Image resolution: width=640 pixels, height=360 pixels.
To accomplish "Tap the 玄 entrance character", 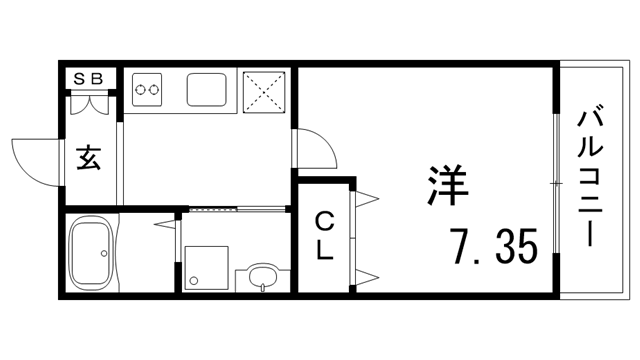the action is [x=90, y=158].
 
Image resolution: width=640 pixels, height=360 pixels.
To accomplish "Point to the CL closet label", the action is [x=325, y=237].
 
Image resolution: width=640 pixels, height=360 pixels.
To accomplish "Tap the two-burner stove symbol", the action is [x=148, y=90].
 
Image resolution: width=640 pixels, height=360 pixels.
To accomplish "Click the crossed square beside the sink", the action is [x=265, y=90].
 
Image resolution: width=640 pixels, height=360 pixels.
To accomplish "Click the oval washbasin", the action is [x=262, y=275].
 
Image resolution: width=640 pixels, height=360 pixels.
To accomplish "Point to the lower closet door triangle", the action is [x=366, y=275].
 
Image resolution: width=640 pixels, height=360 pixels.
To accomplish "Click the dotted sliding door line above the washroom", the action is [x=212, y=209].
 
